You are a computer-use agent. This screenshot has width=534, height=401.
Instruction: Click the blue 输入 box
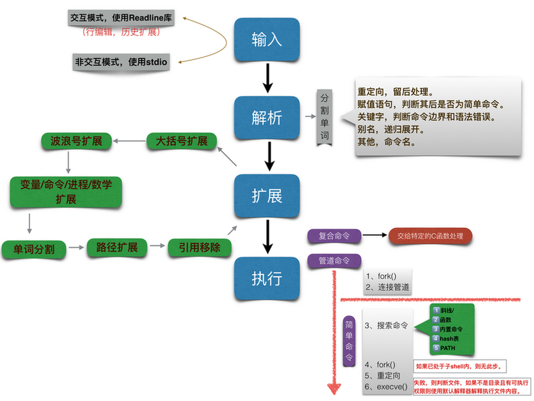click(267, 39)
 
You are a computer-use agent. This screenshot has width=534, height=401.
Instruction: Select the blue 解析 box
click(267, 118)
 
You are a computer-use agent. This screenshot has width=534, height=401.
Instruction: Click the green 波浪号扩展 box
click(71, 142)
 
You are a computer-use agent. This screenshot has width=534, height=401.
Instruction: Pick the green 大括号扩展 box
click(181, 142)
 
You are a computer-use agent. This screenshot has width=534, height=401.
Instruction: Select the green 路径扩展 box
click(117, 247)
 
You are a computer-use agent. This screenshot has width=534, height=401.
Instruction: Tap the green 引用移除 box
click(200, 247)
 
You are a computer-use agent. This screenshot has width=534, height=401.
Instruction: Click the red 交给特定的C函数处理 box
click(430, 235)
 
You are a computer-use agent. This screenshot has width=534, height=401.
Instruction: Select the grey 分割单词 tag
click(324, 116)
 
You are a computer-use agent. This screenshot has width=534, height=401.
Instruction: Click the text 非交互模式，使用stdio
click(121, 61)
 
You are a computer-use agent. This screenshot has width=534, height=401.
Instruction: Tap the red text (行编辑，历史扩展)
click(120, 31)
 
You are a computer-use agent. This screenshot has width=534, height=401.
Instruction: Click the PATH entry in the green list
click(445, 348)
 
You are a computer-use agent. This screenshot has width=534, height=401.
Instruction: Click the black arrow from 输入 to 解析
click(267, 78)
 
